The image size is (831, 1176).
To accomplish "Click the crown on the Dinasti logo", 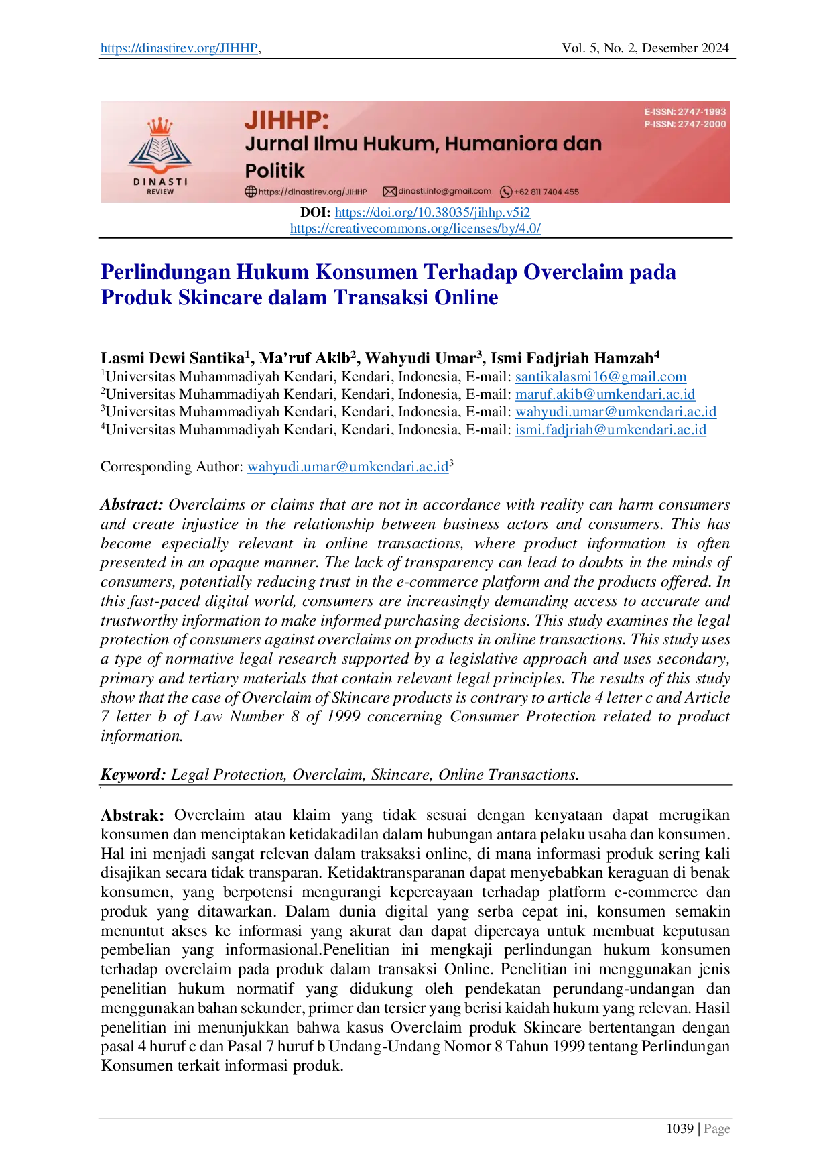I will tap(159, 126).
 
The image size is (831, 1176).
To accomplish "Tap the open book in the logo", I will tap(159, 149).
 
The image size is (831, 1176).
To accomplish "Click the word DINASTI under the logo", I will tap(160, 182).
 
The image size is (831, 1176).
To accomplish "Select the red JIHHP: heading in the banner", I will tap(287, 120).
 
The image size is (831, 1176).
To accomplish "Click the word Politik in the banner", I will tap(274, 170).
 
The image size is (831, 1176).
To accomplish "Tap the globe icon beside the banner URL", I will tap(251, 192).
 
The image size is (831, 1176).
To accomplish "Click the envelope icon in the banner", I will tap(389, 192).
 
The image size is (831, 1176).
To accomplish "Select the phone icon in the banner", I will tap(506, 192).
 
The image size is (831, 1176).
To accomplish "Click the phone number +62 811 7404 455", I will tap(546, 192).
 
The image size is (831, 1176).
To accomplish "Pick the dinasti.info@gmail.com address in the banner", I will tap(444, 191).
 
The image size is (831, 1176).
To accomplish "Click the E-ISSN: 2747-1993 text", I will tap(685, 112).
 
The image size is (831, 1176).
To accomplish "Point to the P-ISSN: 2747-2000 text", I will tap(685, 124).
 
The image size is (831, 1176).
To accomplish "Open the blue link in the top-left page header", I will tap(178, 49).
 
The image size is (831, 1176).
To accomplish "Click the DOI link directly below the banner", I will tap(431, 213).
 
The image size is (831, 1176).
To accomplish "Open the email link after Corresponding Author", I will tap(348, 467).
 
